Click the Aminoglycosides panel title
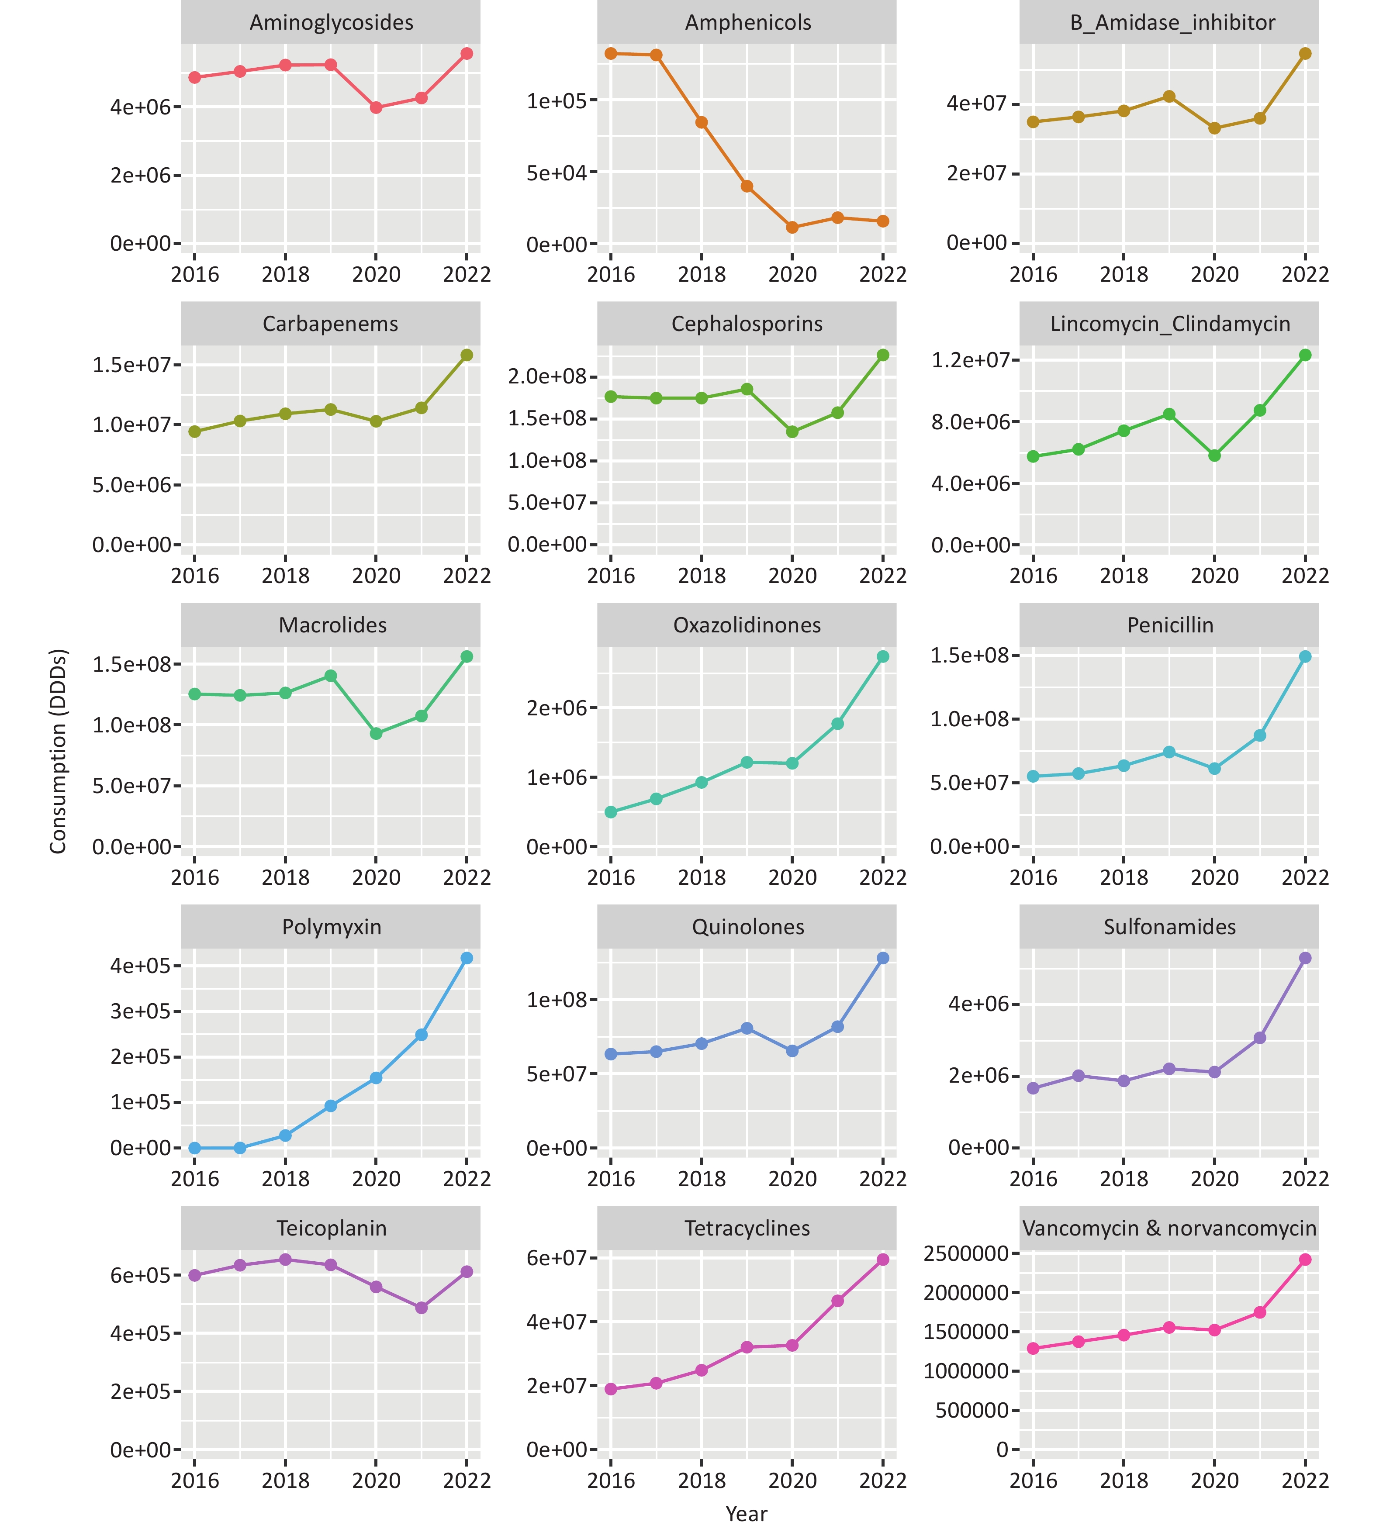click(331, 23)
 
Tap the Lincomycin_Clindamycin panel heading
click(1170, 324)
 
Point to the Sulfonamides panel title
click(1170, 927)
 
